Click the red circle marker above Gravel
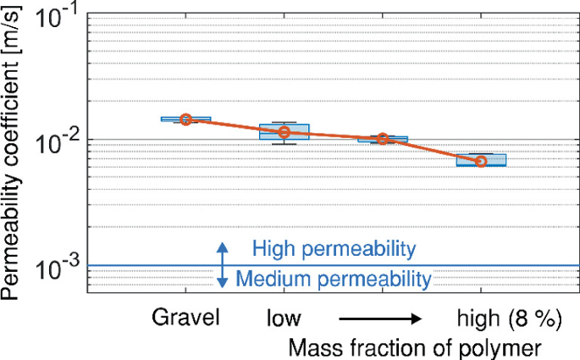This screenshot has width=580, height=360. click(x=186, y=119)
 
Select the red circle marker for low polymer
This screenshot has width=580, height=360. click(x=284, y=132)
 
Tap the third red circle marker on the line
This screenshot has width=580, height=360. click(x=383, y=138)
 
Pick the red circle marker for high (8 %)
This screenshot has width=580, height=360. click(x=481, y=161)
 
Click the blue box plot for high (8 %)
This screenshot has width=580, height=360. click(x=481, y=160)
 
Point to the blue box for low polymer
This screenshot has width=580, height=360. click(x=284, y=131)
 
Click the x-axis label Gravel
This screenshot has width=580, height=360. click(x=187, y=318)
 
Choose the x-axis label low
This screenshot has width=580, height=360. click(x=283, y=318)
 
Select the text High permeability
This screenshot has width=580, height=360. click(x=334, y=249)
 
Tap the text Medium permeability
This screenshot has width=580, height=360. click(x=334, y=278)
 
